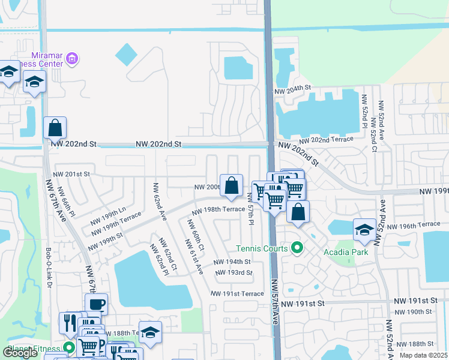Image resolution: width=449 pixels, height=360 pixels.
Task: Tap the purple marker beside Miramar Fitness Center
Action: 73,59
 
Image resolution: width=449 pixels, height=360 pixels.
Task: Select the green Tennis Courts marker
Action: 296,247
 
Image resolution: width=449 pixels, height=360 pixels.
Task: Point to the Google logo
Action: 20,353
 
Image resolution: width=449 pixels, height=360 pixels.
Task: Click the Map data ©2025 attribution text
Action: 424,355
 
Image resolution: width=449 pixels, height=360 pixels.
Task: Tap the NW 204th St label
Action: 293,89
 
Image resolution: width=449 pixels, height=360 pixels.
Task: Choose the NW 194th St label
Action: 232,262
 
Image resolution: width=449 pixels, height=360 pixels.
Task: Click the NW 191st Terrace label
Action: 237,293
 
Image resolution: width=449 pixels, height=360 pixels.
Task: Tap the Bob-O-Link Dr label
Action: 49,267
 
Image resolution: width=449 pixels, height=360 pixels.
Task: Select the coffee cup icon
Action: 96,304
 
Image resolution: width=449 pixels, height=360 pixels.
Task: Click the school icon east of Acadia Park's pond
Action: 364,230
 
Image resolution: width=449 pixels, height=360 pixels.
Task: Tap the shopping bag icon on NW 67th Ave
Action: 55,128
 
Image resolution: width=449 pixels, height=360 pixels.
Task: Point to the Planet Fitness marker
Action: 69,348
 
